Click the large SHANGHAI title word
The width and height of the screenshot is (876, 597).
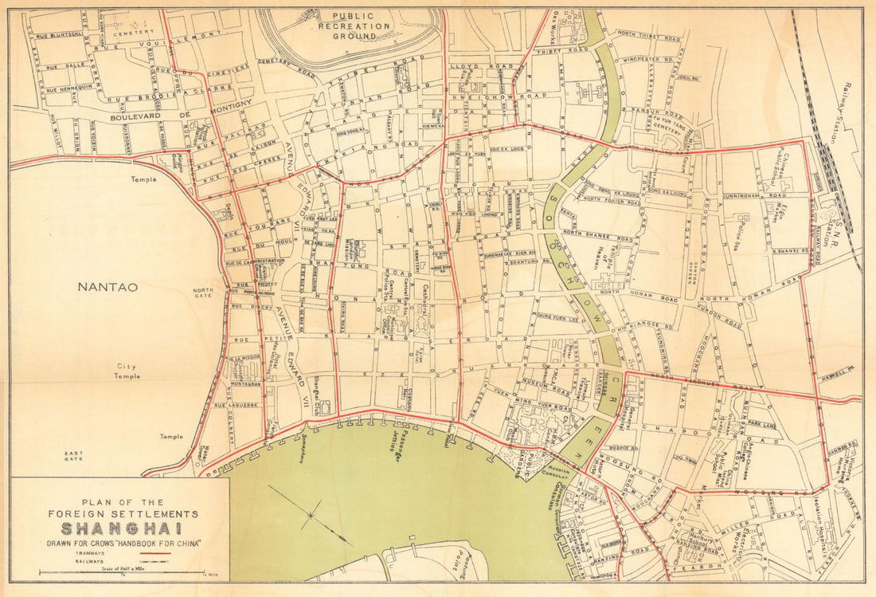[x=120, y=528]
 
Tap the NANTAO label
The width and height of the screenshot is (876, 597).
[x=108, y=286]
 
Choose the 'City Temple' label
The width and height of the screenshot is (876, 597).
[x=128, y=372]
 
